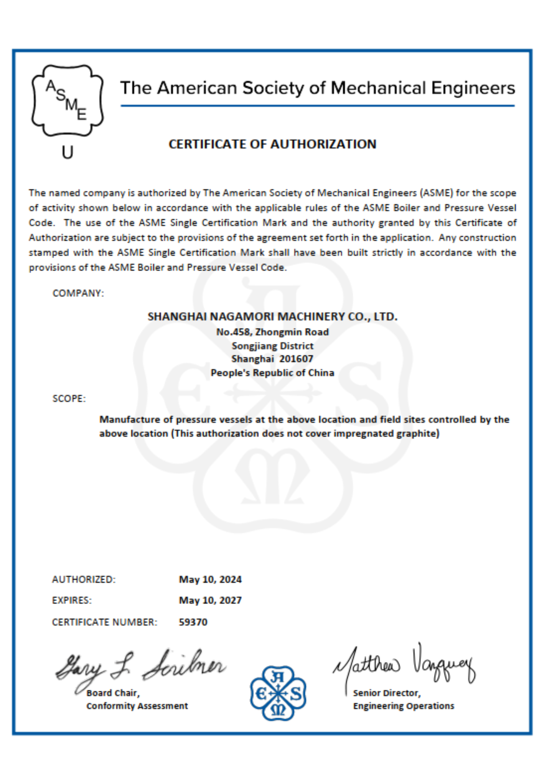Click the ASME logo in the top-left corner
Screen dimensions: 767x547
click(x=68, y=100)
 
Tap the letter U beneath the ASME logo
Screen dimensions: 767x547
click(x=68, y=153)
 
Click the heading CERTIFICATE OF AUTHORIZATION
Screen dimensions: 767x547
click(x=272, y=144)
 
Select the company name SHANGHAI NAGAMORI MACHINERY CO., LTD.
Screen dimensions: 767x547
click(x=272, y=316)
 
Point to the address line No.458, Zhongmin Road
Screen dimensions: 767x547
click(x=272, y=332)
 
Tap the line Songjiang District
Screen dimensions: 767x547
click(x=272, y=346)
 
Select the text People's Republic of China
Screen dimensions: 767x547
click(x=272, y=373)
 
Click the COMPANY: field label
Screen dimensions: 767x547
click(x=78, y=293)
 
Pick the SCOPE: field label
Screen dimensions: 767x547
click(x=69, y=399)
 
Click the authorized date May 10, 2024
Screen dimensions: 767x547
click(x=210, y=579)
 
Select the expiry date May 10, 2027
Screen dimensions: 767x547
click(x=210, y=601)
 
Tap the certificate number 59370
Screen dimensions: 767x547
click(x=193, y=622)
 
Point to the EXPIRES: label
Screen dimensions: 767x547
click(x=72, y=601)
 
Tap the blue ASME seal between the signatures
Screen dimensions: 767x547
click(x=278, y=693)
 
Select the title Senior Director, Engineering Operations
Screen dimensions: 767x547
click(x=404, y=700)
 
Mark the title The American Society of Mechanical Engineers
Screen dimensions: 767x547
click(x=318, y=88)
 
